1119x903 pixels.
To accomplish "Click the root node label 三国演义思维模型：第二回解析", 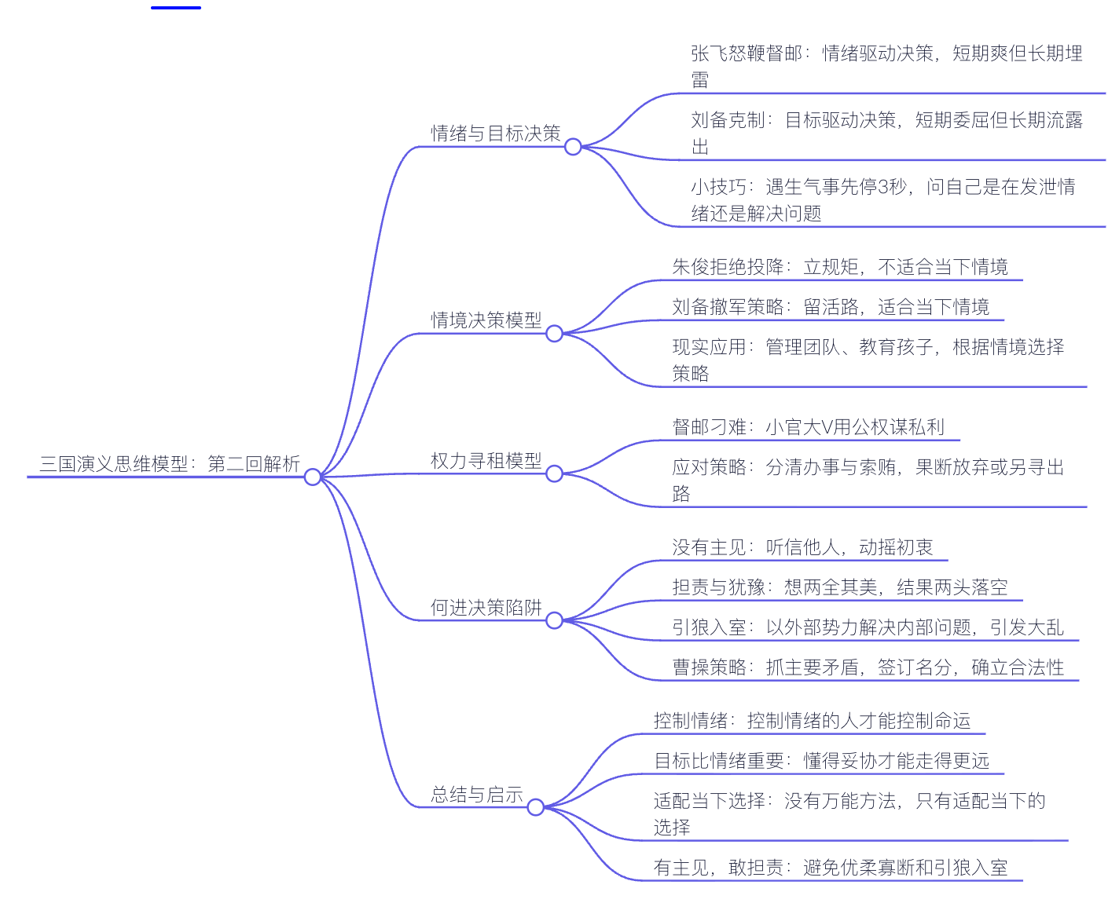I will pos(170,464).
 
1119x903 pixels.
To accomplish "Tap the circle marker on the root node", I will pos(313,477).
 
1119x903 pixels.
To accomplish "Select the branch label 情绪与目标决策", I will pos(496,133).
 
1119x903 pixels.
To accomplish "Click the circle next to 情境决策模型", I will pos(554,334).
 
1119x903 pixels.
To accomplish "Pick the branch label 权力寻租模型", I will pos(486,461).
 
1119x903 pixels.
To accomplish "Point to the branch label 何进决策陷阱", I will pos(486,608).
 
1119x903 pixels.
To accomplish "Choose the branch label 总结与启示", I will pos(477,795).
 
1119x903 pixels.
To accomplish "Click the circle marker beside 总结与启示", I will pos(535,807).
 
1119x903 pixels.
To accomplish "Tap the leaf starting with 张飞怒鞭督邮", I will pos(886,66).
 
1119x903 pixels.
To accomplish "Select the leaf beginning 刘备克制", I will pos(886,133).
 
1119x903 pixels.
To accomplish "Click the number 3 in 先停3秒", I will pos(882,187).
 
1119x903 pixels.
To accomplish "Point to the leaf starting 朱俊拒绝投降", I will pos(839,267).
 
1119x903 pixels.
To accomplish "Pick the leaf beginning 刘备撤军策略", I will pos(831,307).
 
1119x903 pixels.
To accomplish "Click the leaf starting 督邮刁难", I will pos(808,427).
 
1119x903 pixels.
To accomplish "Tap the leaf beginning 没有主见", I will pos(802,547).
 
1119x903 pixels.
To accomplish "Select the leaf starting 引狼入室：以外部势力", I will pos(868,627).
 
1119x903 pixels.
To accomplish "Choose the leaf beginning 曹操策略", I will pos(868,667).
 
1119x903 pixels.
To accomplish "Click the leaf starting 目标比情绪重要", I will pos(821,761).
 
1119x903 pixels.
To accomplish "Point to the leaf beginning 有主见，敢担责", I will pos(831,868).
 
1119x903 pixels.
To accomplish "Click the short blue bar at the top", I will pos(176,7).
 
